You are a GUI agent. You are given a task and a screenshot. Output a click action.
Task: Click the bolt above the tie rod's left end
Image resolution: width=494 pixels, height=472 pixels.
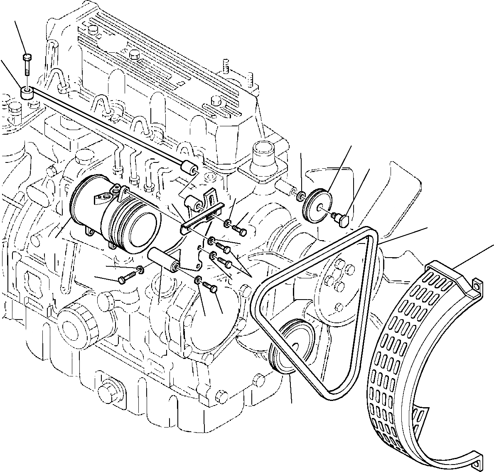click(x=27, y=64)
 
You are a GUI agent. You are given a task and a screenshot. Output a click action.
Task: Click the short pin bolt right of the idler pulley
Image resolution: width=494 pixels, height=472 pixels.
click(x=342, y=219)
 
